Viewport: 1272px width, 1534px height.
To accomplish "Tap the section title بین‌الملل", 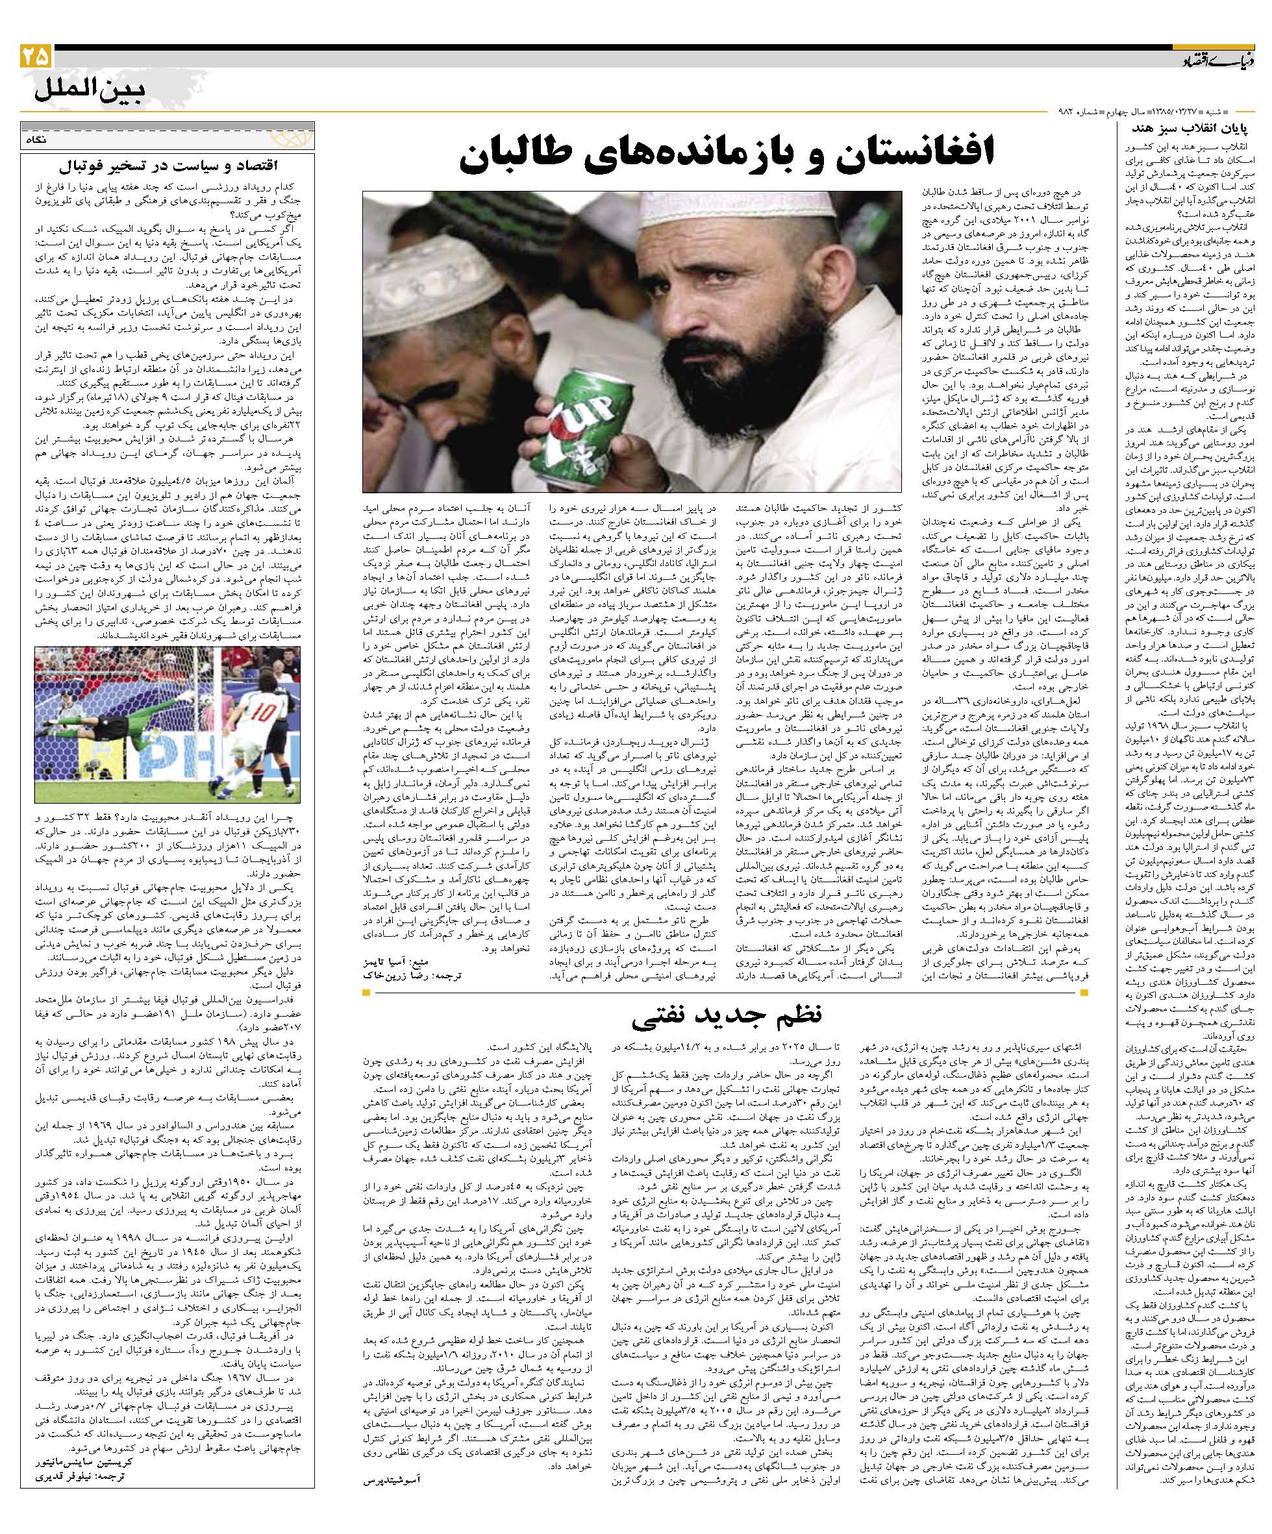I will (90, 93).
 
